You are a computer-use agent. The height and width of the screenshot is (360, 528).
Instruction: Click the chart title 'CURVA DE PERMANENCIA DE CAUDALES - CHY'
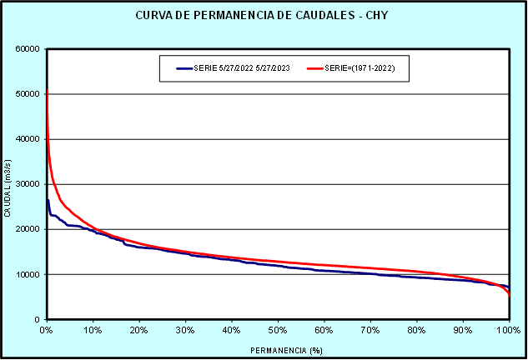(264, 16)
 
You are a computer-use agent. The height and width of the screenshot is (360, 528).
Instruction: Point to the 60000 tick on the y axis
(28, 49)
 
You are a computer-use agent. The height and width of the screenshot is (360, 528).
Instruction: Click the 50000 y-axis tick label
(28, 94)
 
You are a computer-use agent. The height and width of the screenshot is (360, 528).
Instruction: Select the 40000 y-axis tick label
(28, 139)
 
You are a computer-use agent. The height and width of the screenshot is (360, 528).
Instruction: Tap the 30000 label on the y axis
(28, 184)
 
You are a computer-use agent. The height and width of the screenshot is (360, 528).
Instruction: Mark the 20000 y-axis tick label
(28, 229)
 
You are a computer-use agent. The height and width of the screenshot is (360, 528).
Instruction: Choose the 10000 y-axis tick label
(28, 274)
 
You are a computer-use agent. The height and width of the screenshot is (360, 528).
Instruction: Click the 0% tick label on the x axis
(47, 330)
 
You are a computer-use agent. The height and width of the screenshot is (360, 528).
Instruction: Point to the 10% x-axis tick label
(93, 330)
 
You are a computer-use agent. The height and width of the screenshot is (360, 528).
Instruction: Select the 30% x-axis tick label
(185, 330)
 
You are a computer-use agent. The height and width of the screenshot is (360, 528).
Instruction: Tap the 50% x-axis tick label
(278, 330)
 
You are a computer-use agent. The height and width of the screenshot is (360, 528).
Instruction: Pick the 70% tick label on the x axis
(370, 330)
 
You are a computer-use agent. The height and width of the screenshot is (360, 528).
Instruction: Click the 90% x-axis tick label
(463, 330)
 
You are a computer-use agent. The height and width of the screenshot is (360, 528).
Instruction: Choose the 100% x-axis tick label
(509, 330)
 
